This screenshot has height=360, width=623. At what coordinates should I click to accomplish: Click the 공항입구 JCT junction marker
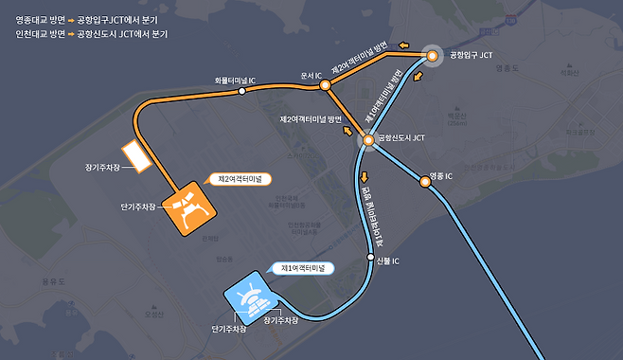click(x=432, y=57)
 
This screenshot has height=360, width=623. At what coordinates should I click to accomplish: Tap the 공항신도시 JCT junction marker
click(x=368, y=142)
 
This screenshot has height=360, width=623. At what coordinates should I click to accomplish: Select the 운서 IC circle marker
click(x=325, y=85)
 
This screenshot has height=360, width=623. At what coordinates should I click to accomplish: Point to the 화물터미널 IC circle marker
click(x=241, y=92)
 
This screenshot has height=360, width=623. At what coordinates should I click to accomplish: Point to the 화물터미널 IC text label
click(x=235, y=81)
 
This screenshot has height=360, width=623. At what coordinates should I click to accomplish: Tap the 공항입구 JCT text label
click(x=471, y=57)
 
